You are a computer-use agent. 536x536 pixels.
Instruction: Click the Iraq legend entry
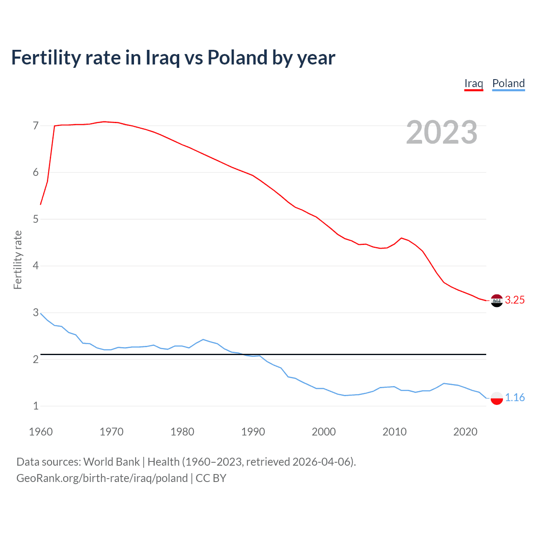pyautogui.click(x=474, y=83)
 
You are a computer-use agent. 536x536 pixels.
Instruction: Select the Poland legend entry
pyautogui.click(x=508, y=83)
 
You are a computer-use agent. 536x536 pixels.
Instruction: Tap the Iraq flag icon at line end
pyautogui.click(x=497, y=301)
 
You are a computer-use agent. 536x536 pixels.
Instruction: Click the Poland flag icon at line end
pyautogui.click(x=497, y=398)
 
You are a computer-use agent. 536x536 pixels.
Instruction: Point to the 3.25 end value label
pyautogui.click(x=515, y=300)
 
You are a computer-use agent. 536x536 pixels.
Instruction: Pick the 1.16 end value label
pyautogui.click(x=515, y=397)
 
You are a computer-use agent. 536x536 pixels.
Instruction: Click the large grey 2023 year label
pyautogui.click(x=442, y=132)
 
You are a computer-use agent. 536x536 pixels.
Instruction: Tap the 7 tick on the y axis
pyautogui.click(x=36, y=126)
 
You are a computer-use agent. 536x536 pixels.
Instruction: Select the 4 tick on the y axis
pyautogui.click(x=36, y=266)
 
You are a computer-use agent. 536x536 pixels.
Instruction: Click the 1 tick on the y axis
pyautogui.click(x=36, y=406)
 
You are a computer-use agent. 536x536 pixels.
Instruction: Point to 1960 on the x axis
pyautogui.click(x=41, y=432)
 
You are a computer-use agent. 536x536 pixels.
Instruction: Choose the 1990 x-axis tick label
pyautogui.click(x=253, y=432)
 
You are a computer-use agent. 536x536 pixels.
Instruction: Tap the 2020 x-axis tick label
pyautogui.click(x=465, y=432)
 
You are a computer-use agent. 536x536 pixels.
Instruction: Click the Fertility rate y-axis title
pyautogui.click(x=18, y=260)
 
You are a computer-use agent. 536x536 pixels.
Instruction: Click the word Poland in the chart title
pyautogui.click(x=237, y=57)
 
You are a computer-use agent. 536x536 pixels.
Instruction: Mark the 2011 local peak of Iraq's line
pyautogui.click(x=402, y=238)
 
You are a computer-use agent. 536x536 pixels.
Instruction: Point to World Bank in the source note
pyautogui.click(x=111, y=462)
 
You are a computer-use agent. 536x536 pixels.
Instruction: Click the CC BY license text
pyautogui.click(x=211, y=478)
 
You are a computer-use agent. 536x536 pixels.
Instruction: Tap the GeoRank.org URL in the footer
pyautogui.click(x=102, y=478)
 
